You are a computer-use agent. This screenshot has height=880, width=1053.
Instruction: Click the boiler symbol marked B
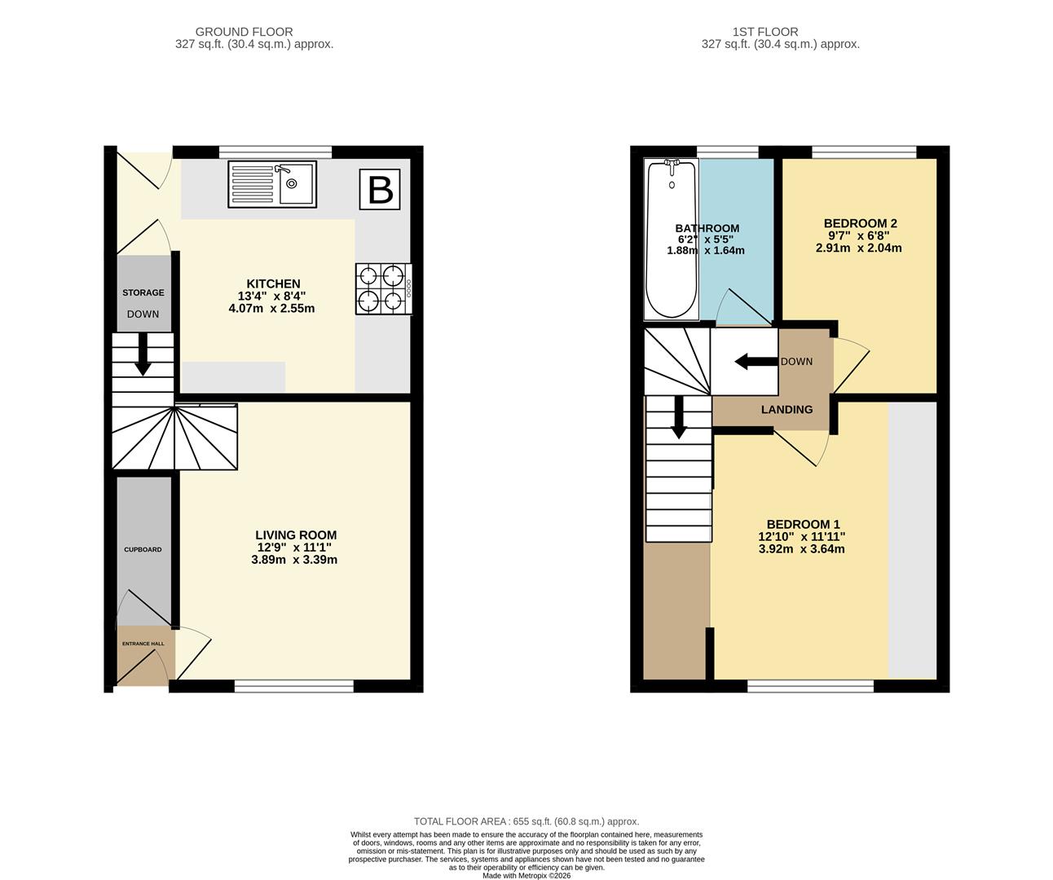point(381,189)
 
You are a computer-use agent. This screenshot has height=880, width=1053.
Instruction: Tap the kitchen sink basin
point(296,186)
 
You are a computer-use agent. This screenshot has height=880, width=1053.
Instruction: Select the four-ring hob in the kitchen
point(382,288)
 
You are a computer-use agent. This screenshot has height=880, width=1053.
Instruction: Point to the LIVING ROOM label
point(294,535)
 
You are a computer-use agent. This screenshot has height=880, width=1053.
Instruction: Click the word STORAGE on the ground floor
point(143,293)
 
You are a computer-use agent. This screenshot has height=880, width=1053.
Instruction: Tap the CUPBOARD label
point(143,549)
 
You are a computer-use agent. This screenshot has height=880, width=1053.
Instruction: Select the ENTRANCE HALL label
point(143,644)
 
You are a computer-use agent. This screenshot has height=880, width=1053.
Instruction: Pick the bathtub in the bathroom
point(671,240)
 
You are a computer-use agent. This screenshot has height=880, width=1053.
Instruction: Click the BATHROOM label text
point(707,228)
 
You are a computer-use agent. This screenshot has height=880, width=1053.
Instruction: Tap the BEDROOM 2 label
point(860,223)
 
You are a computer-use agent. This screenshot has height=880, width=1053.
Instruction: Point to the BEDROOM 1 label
point(802,524)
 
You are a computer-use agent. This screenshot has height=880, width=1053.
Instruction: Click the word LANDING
point(786,409)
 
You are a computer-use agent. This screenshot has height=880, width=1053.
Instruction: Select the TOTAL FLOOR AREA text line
point(526,821)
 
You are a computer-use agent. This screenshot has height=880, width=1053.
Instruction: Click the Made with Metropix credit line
point(526,875)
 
